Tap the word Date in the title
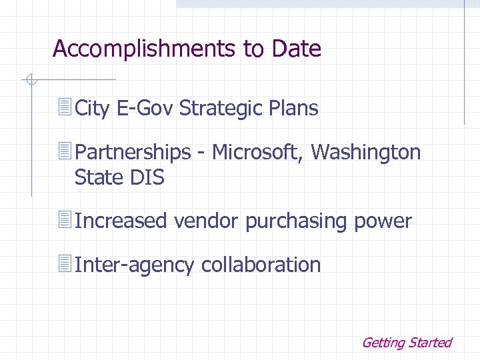point(297,49)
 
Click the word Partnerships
point(133,153)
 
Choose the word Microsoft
point(257,153)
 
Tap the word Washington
point(366,153)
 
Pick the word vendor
point(207,221)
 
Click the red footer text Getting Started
point(406,343)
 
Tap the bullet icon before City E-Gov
point(65,107)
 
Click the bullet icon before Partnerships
point(65,152)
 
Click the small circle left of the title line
point(30,81)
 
